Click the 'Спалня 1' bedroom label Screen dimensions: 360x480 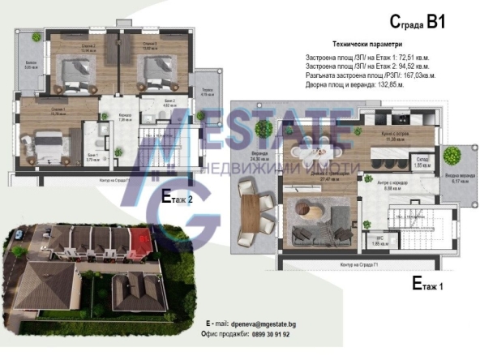36,111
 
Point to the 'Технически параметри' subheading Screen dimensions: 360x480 366,44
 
